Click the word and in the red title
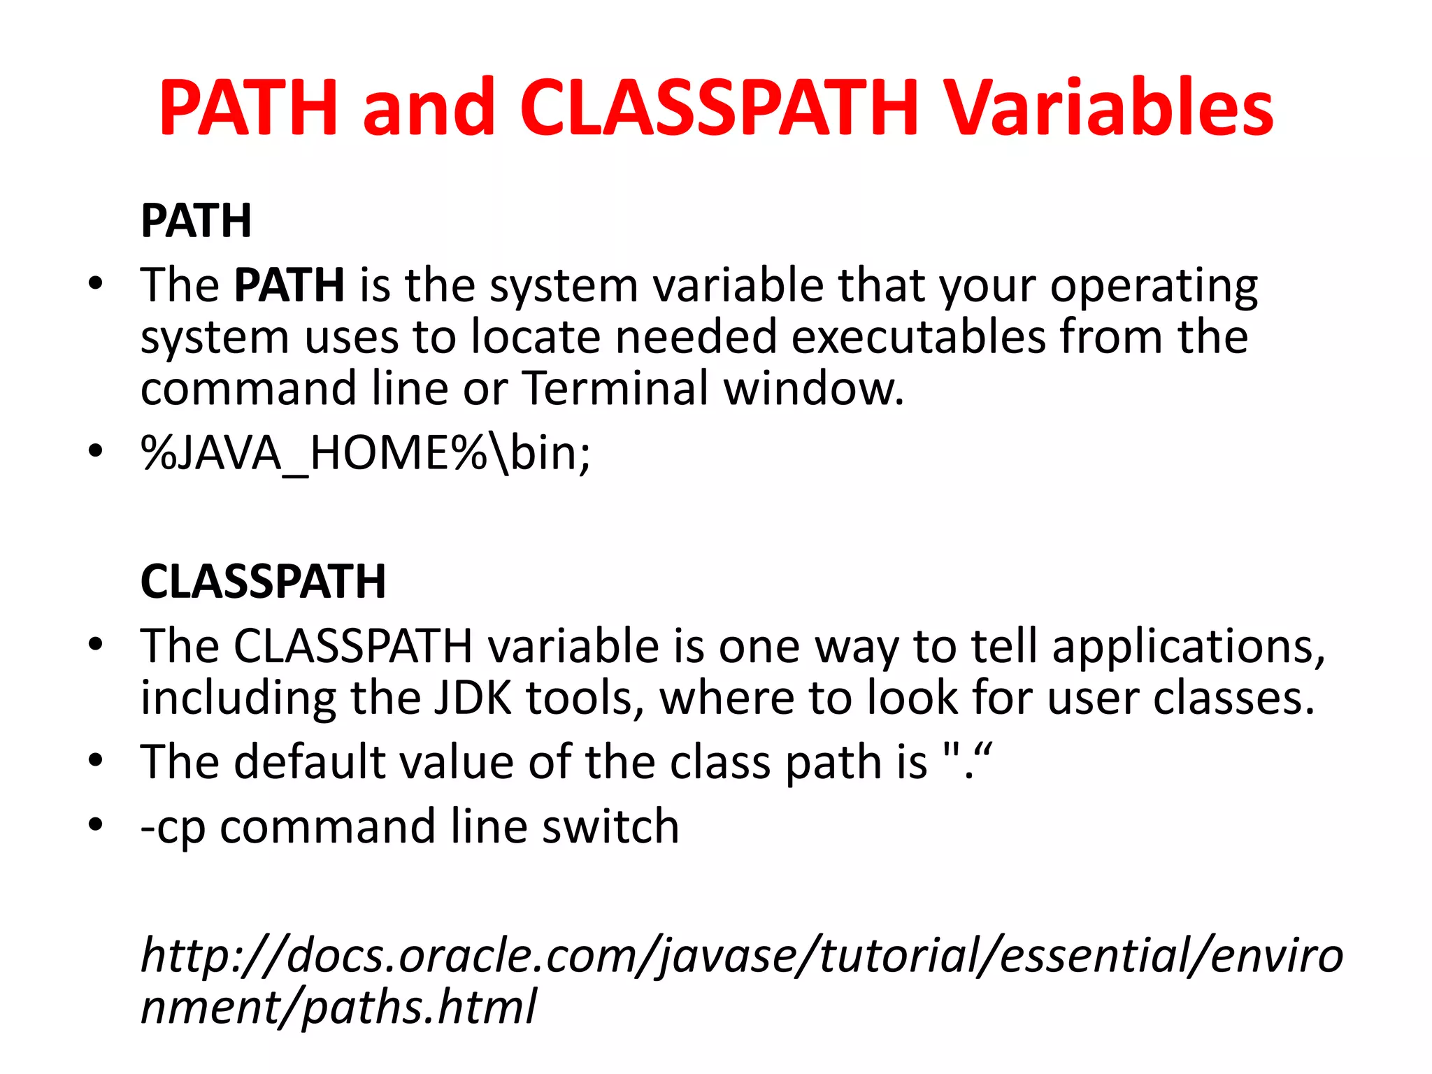(429, 108)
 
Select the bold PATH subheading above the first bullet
(196, 221)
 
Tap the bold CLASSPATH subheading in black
(263, 582)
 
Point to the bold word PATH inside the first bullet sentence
(289, 285)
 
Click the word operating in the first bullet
(1154, 287)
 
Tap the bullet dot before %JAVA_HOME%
(96, 451)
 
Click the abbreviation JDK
(473, 698)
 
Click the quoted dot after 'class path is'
(968, 761)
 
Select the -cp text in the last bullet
(173, 828)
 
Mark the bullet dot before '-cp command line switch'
(96, 824)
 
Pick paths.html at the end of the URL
(420, 1008)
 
